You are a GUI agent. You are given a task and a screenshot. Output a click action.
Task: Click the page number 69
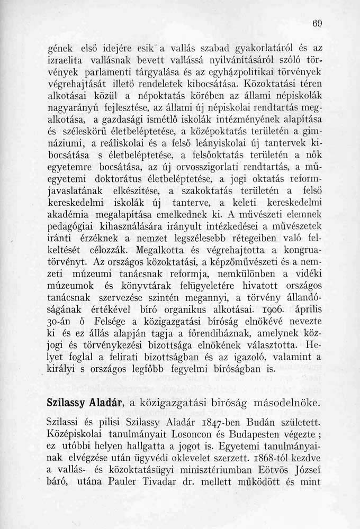[318, 23]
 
